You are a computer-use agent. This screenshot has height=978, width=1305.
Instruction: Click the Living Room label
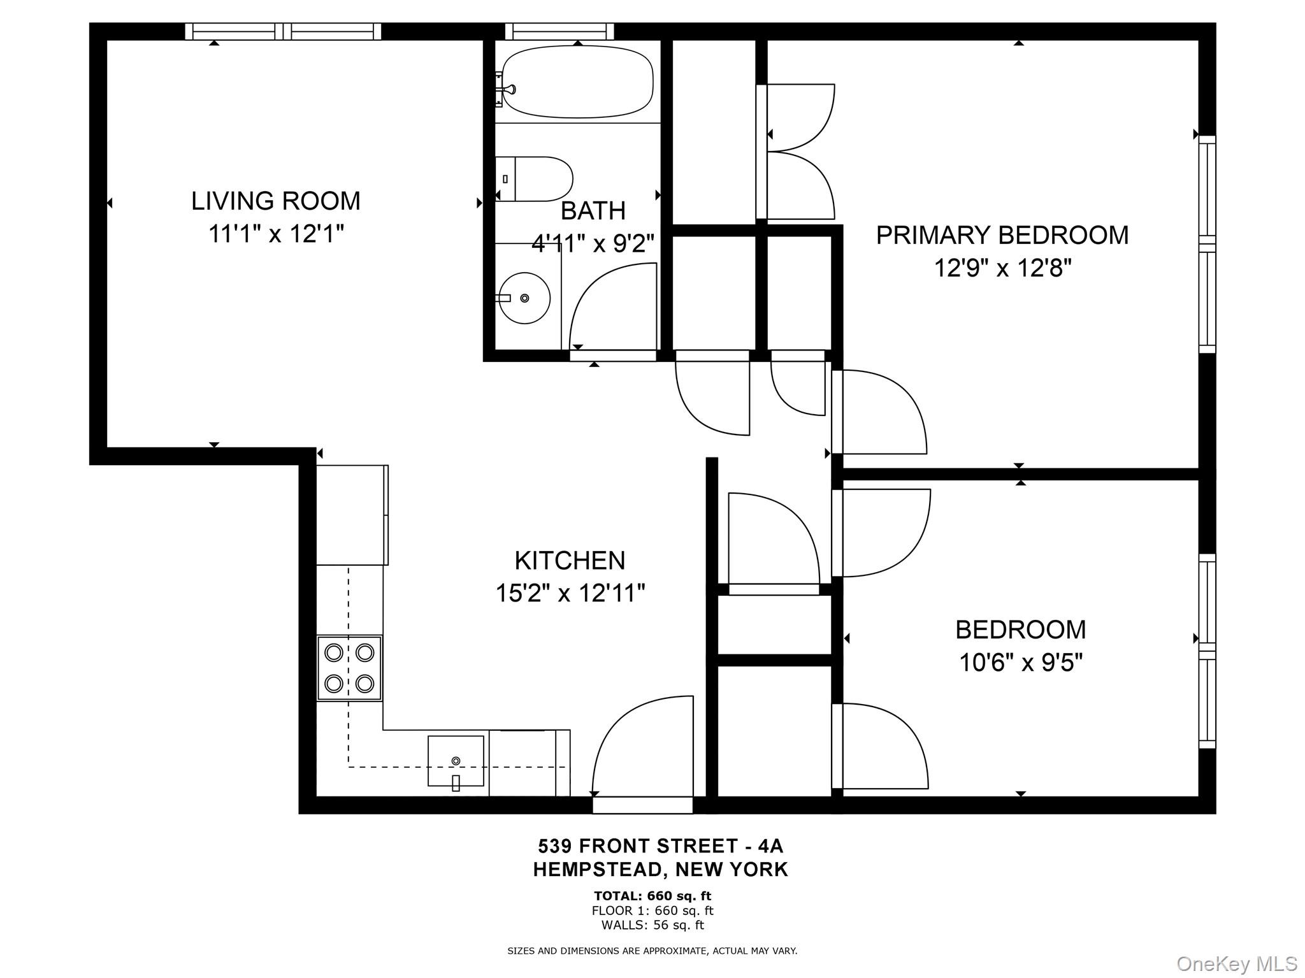[x=275, y=201]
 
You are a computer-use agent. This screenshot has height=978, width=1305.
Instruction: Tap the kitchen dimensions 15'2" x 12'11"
[x=570, y=594]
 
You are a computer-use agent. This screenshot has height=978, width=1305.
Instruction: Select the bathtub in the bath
[x=577, y=82]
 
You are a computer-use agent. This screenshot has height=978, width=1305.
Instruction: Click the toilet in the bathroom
[x=535, y=179]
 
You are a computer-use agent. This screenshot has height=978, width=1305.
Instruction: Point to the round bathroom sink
[x=524, y=298]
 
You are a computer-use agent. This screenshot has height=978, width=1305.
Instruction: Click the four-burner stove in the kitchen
[x=349, y=668]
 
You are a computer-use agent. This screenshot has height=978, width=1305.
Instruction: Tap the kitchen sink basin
[x=455, y=761]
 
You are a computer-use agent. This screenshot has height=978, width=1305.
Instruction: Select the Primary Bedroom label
[x=1002, y=235]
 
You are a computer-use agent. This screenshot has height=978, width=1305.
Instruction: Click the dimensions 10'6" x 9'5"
[x=1021, y=663]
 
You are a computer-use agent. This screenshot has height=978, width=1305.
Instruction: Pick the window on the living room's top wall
[x=283, y=31]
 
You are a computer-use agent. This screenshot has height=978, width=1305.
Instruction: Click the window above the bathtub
[x=559, y=31]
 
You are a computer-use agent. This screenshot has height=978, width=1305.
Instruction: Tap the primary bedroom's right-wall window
[x=1207, y=244]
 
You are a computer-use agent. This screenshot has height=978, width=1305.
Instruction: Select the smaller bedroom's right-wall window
[x=1207, y=651]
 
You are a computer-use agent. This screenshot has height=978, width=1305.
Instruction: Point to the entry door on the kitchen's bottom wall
[x=642, y=805]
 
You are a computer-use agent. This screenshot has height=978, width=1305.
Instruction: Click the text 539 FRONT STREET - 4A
[x=660, y=846]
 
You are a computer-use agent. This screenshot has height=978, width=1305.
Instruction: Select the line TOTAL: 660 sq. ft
[x=652, y=896]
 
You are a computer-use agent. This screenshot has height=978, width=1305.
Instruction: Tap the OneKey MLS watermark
[x=1236, y=963]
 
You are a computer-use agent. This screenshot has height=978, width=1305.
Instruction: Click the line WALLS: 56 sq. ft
[x=652, y=925]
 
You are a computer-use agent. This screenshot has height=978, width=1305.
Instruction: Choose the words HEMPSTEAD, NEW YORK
[x=660, y=869]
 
